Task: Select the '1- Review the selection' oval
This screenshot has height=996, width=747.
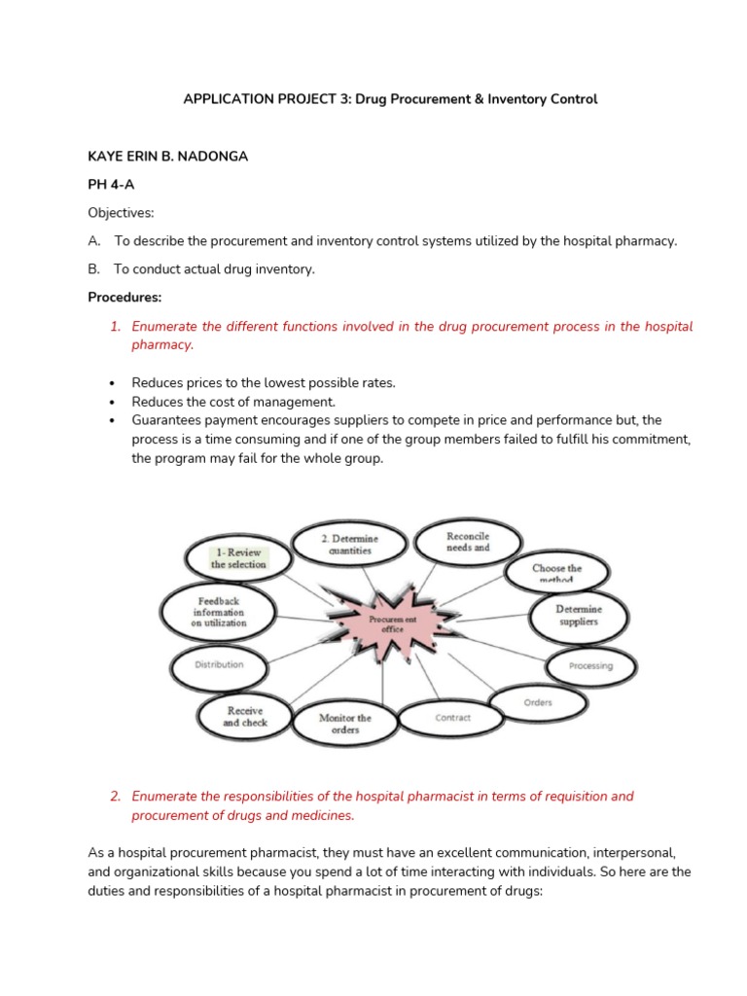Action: (238, 557)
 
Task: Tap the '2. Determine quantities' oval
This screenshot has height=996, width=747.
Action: (350, 545)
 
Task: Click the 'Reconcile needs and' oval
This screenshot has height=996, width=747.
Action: (467, 542)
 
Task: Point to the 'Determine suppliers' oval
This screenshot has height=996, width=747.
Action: (578, 615)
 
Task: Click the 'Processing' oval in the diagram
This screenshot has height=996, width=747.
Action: (590, 666)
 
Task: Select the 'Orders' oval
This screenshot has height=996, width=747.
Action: (538, 702)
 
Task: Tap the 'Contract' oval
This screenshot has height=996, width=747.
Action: (452, 718)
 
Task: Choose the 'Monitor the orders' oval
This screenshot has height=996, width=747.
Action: (345, 725)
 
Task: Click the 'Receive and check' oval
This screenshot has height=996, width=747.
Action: (245, 717)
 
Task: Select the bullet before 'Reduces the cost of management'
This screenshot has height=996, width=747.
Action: (113, 402)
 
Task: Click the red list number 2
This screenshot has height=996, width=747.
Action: (115, 796)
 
